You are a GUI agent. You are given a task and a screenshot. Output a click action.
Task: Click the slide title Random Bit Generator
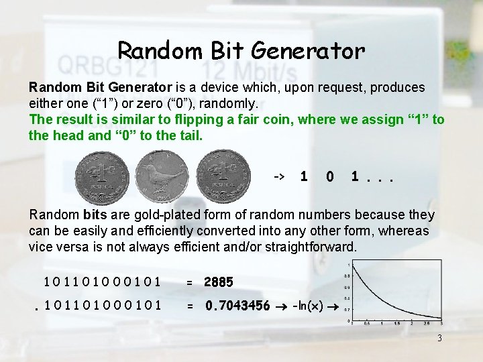tap(241, 49)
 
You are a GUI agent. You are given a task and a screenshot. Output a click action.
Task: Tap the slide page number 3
tap(439, 338)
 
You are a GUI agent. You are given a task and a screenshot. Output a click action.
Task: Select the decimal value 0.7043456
tap(237, 306)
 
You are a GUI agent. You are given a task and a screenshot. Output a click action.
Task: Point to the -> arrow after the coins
tap(280, 176)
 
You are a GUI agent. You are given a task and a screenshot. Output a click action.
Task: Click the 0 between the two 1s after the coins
tap(329, 176)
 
